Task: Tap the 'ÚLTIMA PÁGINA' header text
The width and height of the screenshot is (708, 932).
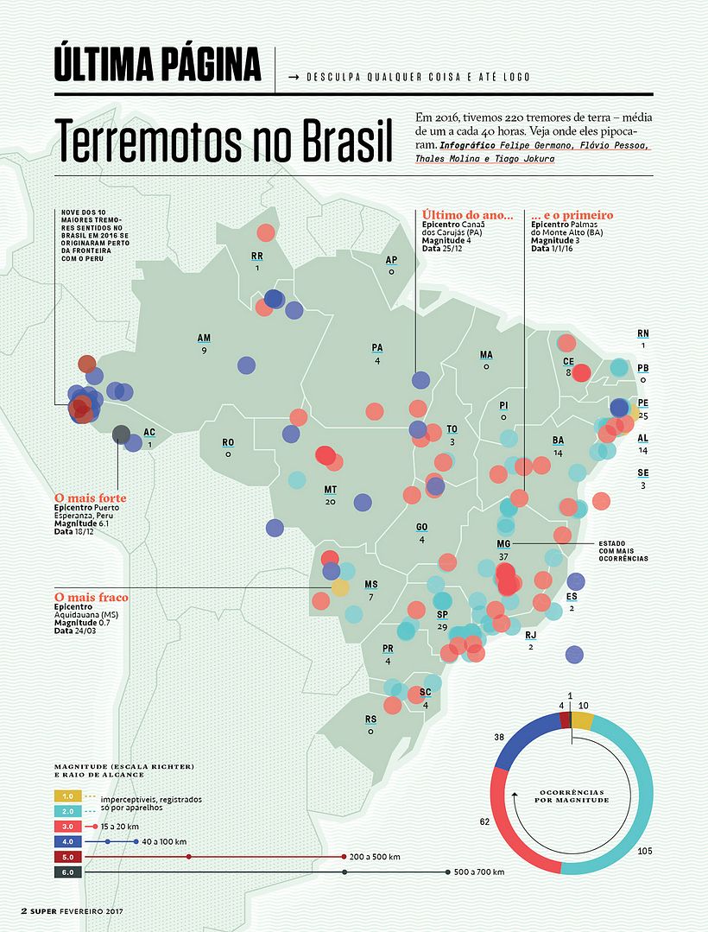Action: click(157, 66)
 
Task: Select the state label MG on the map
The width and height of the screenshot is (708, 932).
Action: click(504, 544)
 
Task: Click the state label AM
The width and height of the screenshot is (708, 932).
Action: click(204, 339)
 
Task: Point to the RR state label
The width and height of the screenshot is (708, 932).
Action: click(257, 257)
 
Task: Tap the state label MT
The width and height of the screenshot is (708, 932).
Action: click(331, 490)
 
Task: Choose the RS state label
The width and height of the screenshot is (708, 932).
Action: click(371, 719)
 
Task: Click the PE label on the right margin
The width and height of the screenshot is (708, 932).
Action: click(642, 403)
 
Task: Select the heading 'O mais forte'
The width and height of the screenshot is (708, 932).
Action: click(90, 498)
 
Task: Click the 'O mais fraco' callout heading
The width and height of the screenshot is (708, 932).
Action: click(91, 597)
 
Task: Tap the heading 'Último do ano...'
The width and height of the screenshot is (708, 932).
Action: click(467, 215)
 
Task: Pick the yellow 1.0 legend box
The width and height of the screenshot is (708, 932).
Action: click(68, 796)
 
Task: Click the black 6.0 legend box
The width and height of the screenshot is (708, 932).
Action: click(68, 872)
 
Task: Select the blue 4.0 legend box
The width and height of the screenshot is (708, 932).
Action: click(68, 840)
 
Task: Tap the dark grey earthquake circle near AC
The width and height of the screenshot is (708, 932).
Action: click(122, 434)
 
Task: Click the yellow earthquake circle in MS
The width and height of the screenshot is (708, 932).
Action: click(340, 587)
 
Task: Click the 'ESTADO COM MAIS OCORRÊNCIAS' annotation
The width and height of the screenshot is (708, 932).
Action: click(623, 551)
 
